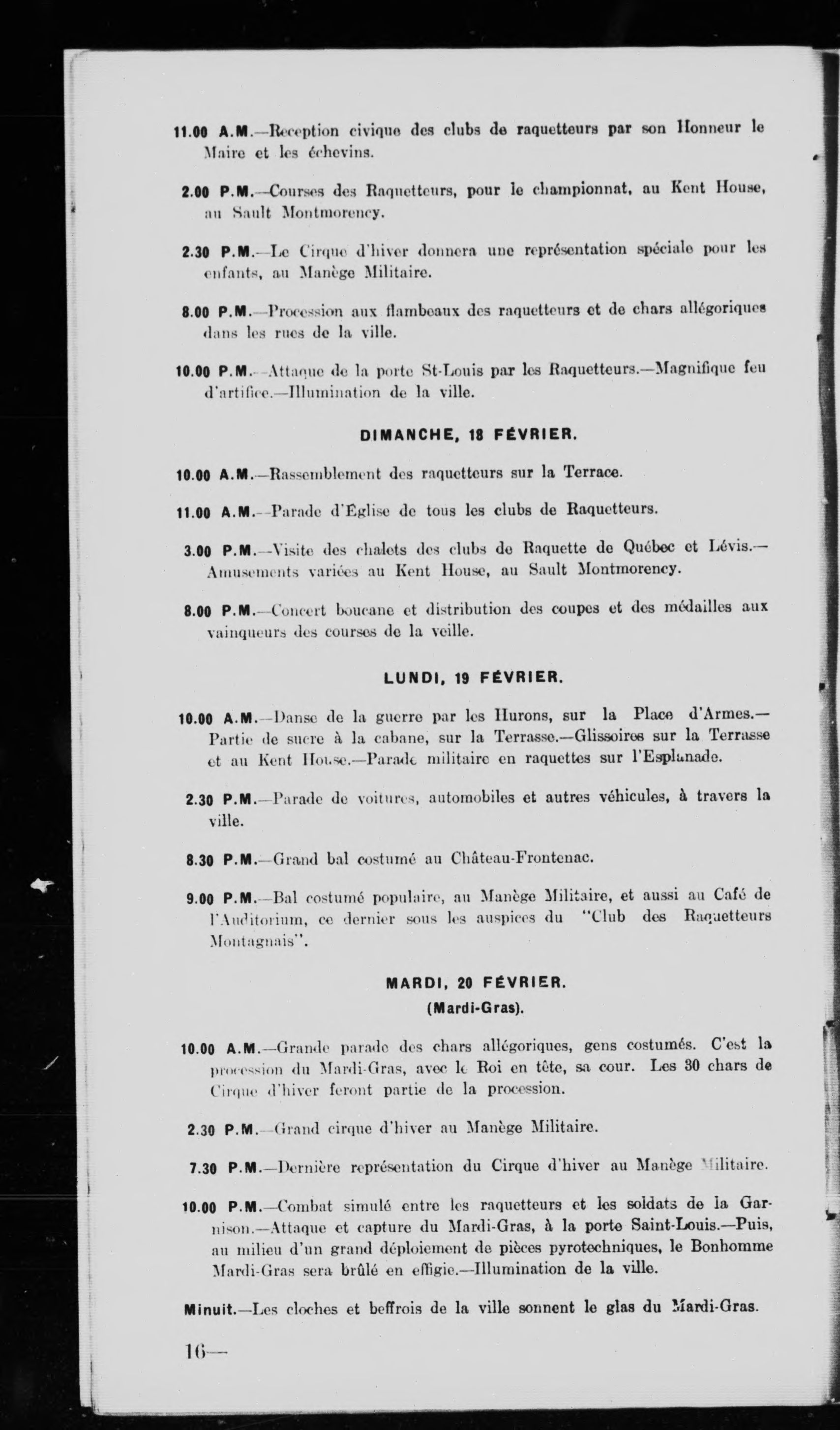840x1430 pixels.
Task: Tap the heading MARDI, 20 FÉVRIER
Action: click(476, 983)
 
